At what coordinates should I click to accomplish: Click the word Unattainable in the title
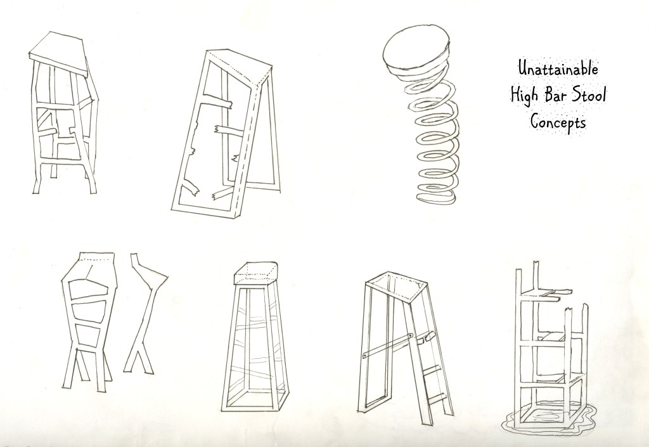click(x=558, y=68)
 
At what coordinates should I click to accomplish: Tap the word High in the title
click(x=524, y=94)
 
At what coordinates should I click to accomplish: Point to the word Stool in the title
click(x=589, y=94)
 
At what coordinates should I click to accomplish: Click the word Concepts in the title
click(x=558, y=122)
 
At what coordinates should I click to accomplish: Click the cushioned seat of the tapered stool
click(x=255, y=273)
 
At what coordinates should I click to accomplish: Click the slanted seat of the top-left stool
click(x=59, y=53)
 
